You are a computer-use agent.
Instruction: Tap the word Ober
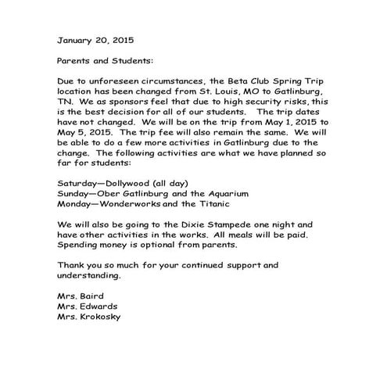106,193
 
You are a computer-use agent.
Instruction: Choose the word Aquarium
227,193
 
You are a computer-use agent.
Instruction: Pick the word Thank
72,265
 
